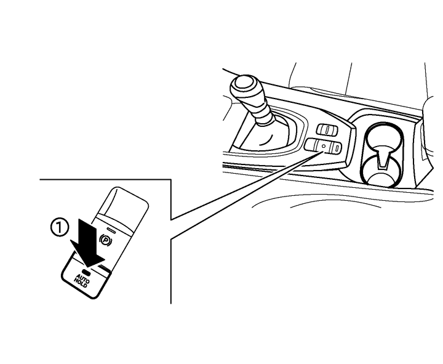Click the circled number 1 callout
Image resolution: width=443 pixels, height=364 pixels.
coord(59,228)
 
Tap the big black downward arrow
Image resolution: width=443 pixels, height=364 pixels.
coord(87,243)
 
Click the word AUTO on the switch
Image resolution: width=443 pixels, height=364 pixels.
coord(84,278)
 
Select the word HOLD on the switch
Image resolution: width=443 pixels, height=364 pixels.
coord(81,283)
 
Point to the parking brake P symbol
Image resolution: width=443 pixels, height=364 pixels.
coord(106,240)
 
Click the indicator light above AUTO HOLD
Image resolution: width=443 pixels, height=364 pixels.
coord(88,273)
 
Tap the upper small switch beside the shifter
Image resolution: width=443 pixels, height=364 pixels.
coord(327,129)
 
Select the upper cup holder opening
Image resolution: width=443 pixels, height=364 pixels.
coord(383,136)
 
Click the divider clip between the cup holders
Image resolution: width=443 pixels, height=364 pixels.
coord(383,159)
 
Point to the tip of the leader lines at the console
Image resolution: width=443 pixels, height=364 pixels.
coord(323,152)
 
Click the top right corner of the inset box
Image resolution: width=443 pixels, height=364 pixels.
coord(171,179)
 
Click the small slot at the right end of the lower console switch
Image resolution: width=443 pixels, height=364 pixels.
coord(337,147)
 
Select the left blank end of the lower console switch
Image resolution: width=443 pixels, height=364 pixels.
coord(311,145)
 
